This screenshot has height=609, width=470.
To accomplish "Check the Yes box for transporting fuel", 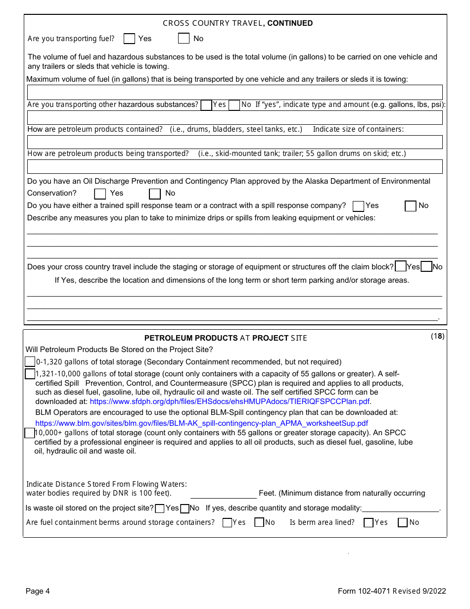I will [x=129, y=39].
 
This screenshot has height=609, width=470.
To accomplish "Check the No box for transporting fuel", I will [x=184, y=39].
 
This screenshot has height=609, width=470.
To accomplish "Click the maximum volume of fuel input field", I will [x=235, y=93].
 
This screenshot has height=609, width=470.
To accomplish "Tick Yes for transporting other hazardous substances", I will [x=206, y=105].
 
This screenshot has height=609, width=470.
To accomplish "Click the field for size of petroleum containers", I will [x=235, y=142].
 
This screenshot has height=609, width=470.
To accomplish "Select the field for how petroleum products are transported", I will [x=235, y=166].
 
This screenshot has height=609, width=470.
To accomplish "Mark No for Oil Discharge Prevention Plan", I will [x=155, y=194].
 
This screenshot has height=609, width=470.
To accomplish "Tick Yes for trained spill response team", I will [x=359, y=206].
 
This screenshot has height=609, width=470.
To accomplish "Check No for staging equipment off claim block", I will [x=426, y=267].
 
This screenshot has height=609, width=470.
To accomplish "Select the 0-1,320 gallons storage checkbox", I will [x=30, y=362].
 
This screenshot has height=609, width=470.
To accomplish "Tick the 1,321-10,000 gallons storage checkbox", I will [x=30, y=374].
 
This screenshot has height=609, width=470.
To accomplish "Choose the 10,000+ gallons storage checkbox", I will [x=29, y=433].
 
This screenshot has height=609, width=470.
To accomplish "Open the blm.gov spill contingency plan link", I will [x=202, y=423].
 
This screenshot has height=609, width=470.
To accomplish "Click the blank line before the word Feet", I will [x=223, y=494].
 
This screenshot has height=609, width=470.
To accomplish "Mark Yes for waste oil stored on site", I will [x=160, y=508].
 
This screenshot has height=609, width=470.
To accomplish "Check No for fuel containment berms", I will [x=259, y=522].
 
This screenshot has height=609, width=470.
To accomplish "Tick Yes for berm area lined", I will [x=368, y=522].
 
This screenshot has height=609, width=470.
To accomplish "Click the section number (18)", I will [x=437, y=336].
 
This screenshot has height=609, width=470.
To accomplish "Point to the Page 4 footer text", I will [x=38, y=591].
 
